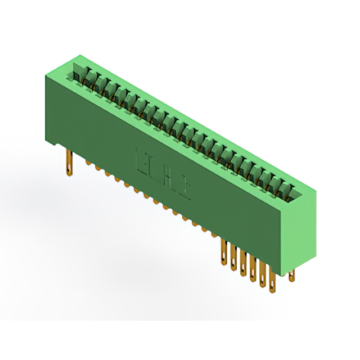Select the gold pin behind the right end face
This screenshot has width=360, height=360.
[291, 275]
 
